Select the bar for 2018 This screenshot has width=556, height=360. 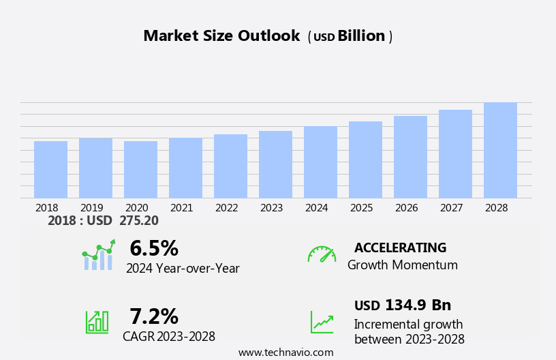pyautogui.click(x=50, y=170)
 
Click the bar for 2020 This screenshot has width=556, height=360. pyautogui.click(x=140, y=170)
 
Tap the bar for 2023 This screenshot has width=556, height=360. pyautogui.click(x=275, y=164)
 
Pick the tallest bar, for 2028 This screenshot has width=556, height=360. pyautogui.click(x=500, y=151)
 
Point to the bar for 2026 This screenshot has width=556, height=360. pyautogui.click(x=410, y=157)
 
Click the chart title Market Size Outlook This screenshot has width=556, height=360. pyautogui.click(x=221, y=36)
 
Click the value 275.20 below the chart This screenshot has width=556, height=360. pyautogui.click(x=138, y=221)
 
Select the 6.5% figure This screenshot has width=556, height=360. pyautogui.click(x=154, y=247)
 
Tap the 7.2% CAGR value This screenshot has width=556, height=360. pyautogui.click(x=154, y=316)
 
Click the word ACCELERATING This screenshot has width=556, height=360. pyautogui.click(x=400, y=247)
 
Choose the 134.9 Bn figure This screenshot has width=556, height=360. pyautogui.click(x=418, y=305)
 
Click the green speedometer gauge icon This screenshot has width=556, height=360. pyautogui.click(x=322, y=254)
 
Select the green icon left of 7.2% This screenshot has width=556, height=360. pyautogui.click(x=97, y=321)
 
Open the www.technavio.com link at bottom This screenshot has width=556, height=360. pyautogui.click(x=285, y=352)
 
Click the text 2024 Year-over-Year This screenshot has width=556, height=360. pyautogui.click(x=183, y=269)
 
